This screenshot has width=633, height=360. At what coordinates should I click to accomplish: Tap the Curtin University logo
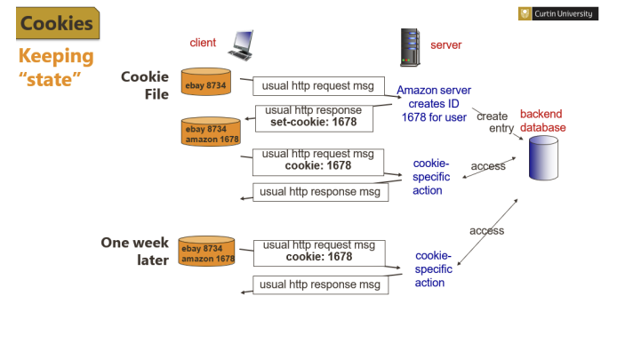[x=557, y=13]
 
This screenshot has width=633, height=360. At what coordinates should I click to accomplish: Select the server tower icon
[x=410, y=47]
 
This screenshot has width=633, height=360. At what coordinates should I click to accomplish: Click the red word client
[x=203, y=43]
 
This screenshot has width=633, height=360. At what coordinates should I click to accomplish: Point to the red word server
[x=445, y=45]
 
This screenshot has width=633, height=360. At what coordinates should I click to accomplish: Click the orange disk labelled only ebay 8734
[x=208, y=82]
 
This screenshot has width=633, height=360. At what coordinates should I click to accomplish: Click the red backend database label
[x=542, y=121]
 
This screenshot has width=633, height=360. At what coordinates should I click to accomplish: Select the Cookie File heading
[x=145, y=85]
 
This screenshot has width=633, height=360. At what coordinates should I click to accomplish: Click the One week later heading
[x=135, y=252]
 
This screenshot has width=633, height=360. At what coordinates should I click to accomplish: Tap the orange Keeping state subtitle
[x=56, y=68]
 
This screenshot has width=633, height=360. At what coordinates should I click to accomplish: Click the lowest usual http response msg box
[x=321, y=284]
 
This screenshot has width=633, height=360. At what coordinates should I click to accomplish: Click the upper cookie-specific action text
[x=431, y=177]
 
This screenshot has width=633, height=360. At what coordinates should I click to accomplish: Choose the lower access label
[x=486, y=230]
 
